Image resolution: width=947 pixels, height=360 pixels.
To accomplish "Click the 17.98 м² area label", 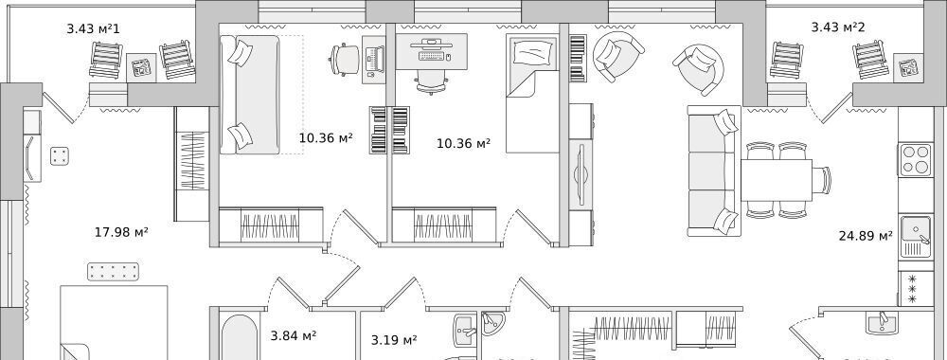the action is (121, 232).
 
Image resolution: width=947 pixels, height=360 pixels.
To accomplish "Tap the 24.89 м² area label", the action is (866, 236).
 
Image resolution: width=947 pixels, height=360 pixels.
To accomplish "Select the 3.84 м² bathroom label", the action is (294, 335).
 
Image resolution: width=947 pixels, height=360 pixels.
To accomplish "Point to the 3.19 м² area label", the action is (394, 340).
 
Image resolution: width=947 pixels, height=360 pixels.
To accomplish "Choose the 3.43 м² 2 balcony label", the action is (838, 27).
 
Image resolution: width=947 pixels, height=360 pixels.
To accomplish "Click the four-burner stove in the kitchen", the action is (916, 159).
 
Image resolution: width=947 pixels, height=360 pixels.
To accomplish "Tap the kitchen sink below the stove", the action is (916, 237).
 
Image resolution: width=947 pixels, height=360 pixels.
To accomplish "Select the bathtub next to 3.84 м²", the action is (240, 337).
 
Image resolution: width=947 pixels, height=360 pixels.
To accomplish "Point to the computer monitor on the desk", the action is (431, 43).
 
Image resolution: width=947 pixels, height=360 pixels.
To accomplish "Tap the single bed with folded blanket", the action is (532, 94).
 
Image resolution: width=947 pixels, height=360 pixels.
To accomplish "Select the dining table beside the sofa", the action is (777, 180).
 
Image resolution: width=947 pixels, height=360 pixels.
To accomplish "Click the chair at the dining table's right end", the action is (822, 180).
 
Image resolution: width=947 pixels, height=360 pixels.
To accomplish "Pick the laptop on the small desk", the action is (374, 59).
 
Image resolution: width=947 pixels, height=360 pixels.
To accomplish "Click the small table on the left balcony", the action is (141, 67).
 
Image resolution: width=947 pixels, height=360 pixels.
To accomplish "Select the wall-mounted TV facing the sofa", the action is (581, 175).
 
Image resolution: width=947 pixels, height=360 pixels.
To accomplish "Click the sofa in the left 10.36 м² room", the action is (249, 94).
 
